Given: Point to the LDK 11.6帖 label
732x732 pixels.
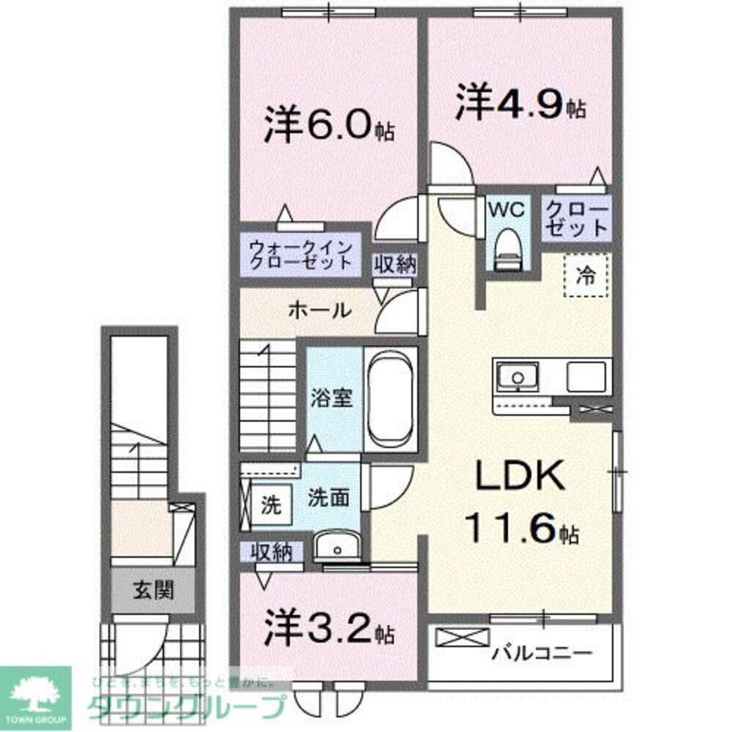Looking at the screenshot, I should click(520, 505).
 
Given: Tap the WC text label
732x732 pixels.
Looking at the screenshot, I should click(507, 210).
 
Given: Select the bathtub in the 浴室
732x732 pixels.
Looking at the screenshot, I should click(390, 399).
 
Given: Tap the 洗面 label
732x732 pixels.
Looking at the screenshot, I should click(327, 498).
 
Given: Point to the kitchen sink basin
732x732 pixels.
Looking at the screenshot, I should click(518, 378).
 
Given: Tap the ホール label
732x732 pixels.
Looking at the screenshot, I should click(319, 310).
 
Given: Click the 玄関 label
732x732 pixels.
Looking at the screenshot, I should click(153, 590).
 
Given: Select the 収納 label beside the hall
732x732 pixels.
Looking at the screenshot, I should click(395, 264).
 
